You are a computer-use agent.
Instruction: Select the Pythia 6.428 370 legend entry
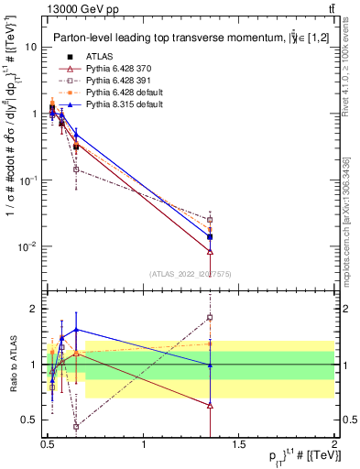pyautogui.click(x=115, y=70)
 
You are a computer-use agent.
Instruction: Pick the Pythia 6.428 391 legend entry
pyautogui.click(x=115, y=82)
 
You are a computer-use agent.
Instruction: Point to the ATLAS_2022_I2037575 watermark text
pyautogui.click(x=191, y=274)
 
